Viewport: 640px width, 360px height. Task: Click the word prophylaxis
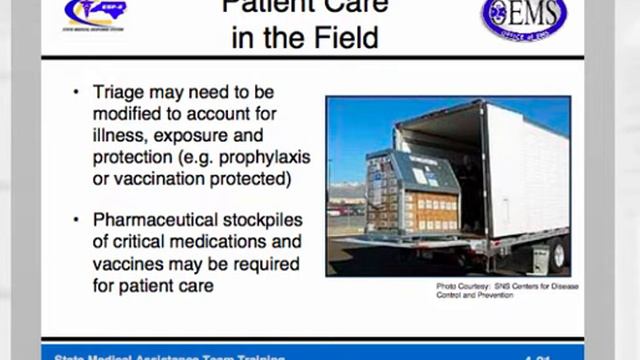(x=264, y=159)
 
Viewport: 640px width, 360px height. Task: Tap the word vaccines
(x=134, y=263)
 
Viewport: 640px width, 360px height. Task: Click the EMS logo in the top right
(x=522, y=18)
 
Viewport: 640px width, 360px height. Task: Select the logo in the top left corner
(x=96, y=14)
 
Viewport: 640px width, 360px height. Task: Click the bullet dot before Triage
(x=77, y=93)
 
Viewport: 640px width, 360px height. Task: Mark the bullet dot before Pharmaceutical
(x=77, y=220)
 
